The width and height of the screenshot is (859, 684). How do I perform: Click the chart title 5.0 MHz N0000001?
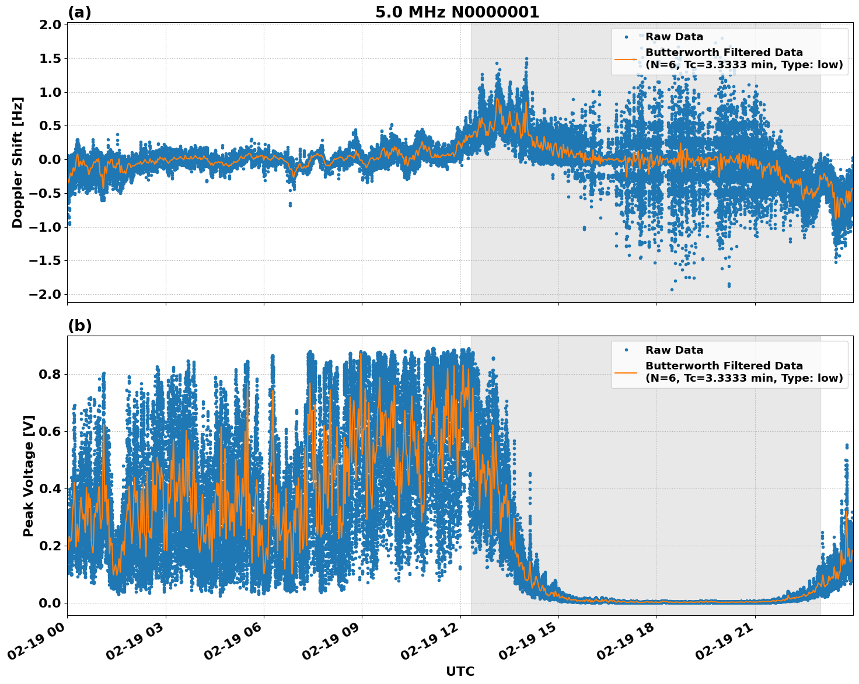(457, 12)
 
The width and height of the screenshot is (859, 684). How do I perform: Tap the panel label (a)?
(79, 12)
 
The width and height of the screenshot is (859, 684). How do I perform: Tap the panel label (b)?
(79, 326)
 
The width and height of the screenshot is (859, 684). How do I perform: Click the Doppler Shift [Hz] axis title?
(18, 162)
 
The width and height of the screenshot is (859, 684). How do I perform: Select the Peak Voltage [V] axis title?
(29, 476)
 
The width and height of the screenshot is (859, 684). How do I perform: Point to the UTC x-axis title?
(460, 671)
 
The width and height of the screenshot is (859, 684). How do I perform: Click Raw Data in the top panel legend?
(674, 37)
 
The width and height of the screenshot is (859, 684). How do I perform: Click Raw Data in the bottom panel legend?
(674, 350)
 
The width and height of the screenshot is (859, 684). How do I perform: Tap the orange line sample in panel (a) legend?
(626, 59)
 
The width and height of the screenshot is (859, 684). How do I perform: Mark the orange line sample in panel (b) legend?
(626, 372)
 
